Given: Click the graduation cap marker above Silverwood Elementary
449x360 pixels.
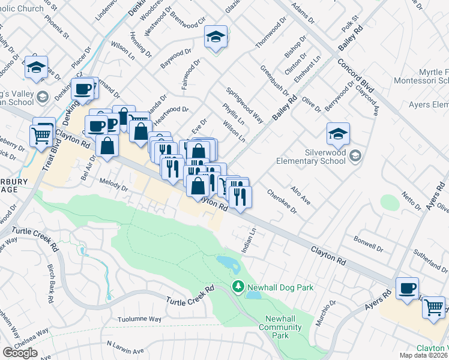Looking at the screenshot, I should tap(339, 134).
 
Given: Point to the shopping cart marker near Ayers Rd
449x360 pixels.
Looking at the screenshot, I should tap(434, 308).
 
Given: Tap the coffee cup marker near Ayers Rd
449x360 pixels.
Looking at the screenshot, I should tap(408, 289).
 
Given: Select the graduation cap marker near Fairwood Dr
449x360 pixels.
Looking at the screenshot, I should tap(215, 37).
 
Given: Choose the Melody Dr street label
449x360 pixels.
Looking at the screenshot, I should tap(114, 187).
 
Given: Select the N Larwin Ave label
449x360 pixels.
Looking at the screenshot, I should tap(126, 347).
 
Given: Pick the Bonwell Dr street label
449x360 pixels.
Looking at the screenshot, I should tap(369, 245).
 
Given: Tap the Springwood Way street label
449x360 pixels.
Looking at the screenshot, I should tap(244, 106).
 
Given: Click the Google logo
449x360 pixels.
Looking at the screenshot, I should tap(20, 353).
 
